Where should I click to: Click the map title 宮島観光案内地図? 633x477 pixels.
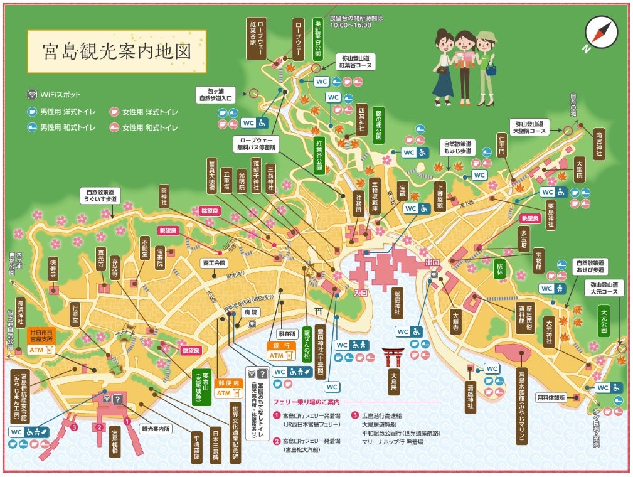pyautogui.click(x=117, y=51)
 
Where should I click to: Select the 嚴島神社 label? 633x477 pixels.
pyautogui.click(x=396, y=303)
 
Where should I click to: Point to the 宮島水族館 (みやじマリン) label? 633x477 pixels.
pyautogui.click(x=520, y=406)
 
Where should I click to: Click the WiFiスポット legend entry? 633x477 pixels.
pyautogui.click(x=55, y=95)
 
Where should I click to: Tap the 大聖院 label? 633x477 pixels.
pyautogui.click(x=579, y=168)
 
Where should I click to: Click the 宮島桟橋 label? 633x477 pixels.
pyautogui.click(x=115, y=442)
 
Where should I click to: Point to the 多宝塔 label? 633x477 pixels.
pyautogui.click(x=523, y=240)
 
